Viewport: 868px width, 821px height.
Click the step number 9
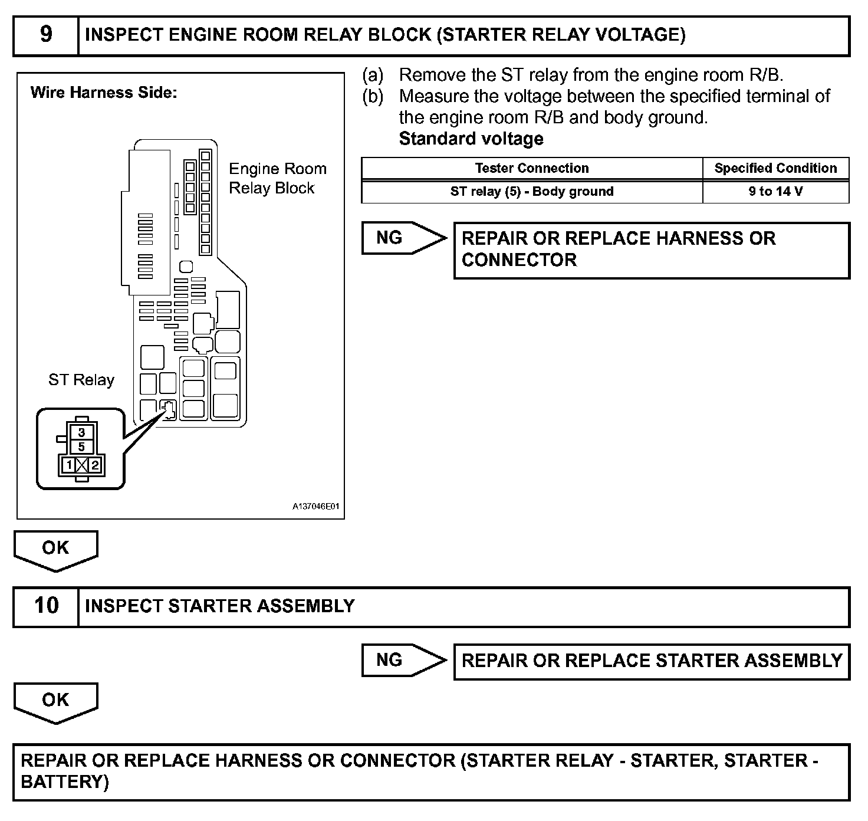pos(46,35)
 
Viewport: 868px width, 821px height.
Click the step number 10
pos(46,606)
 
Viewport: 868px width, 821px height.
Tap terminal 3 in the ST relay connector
pos(81,432)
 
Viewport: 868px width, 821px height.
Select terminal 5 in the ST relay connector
pos(81,446)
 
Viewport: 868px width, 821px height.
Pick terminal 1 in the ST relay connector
pos(69,465)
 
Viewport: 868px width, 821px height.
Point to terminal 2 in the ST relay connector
pos(94,465)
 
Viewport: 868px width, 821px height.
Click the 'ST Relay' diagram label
pos(81,380)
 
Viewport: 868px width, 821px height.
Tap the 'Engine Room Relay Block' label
pos(277,178)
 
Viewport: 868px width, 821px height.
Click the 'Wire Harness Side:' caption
pos(103,93)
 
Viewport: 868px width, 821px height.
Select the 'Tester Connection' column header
pos(531,168)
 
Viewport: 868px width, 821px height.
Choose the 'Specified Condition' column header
pos(775,168)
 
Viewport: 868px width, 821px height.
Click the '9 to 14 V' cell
pos(775,192)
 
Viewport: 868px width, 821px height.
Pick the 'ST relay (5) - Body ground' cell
pos(531,192)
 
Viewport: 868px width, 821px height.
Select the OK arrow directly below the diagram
pos(55,549)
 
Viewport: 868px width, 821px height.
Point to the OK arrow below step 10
pos(55,701)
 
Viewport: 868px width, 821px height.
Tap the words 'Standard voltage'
pos(471,139)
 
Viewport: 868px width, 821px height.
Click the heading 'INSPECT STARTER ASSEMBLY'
pos(219,606)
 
